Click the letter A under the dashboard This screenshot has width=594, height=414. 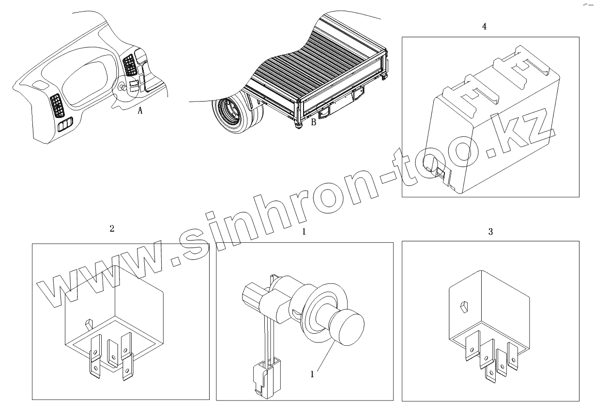tap(140, 110)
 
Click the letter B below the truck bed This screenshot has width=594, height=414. tap(313, 122)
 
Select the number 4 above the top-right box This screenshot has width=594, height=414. tap(484, 27)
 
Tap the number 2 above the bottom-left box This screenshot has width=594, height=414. tap(112, 228)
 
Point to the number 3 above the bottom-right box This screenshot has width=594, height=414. tap(490, 232)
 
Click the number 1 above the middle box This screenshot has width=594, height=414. tap(304, 232)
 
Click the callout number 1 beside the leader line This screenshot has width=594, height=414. tap(312, 374)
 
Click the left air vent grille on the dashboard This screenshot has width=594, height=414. tap(58, 105)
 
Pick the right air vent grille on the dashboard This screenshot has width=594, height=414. tap(130, 65)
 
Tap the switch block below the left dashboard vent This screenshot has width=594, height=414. tap(65, 125)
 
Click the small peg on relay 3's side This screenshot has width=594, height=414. tap(464, 307)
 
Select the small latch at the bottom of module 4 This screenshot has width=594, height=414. tap(440, 174)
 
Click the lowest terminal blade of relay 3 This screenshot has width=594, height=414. tap(490, 374)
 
